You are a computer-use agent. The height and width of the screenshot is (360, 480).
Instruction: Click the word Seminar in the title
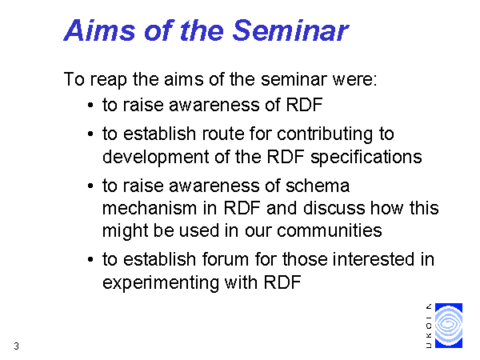pos(290,30)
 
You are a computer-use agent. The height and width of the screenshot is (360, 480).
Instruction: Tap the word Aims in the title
pos(99,30)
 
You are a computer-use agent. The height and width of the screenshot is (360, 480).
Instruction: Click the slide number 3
pos(16,346)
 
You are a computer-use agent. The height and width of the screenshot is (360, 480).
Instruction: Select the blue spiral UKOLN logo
pos(449,326)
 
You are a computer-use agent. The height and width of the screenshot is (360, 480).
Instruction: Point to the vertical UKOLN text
pos(429,326)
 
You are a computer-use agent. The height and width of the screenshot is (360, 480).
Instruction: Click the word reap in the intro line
pos(108,80)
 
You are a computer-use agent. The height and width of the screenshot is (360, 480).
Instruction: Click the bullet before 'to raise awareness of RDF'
pos(90,105)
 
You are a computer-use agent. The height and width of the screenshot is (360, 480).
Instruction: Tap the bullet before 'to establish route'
pos(90,134)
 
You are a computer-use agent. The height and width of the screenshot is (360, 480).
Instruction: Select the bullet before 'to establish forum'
pos(90,259)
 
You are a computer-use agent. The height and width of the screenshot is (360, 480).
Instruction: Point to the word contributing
pos(325,135)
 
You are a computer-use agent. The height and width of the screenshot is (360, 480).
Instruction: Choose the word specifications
pos(366,158)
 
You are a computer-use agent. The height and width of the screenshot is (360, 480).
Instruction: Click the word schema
pos(318,186)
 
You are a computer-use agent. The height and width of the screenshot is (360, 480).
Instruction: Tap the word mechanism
pos(150,208)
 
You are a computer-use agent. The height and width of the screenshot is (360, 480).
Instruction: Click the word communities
pos(330,230)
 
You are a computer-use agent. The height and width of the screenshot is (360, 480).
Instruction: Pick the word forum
pos(226,259)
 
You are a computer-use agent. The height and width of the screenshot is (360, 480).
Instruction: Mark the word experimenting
pos(161,283)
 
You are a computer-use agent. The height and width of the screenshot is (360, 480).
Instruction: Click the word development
pos(155,158)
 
